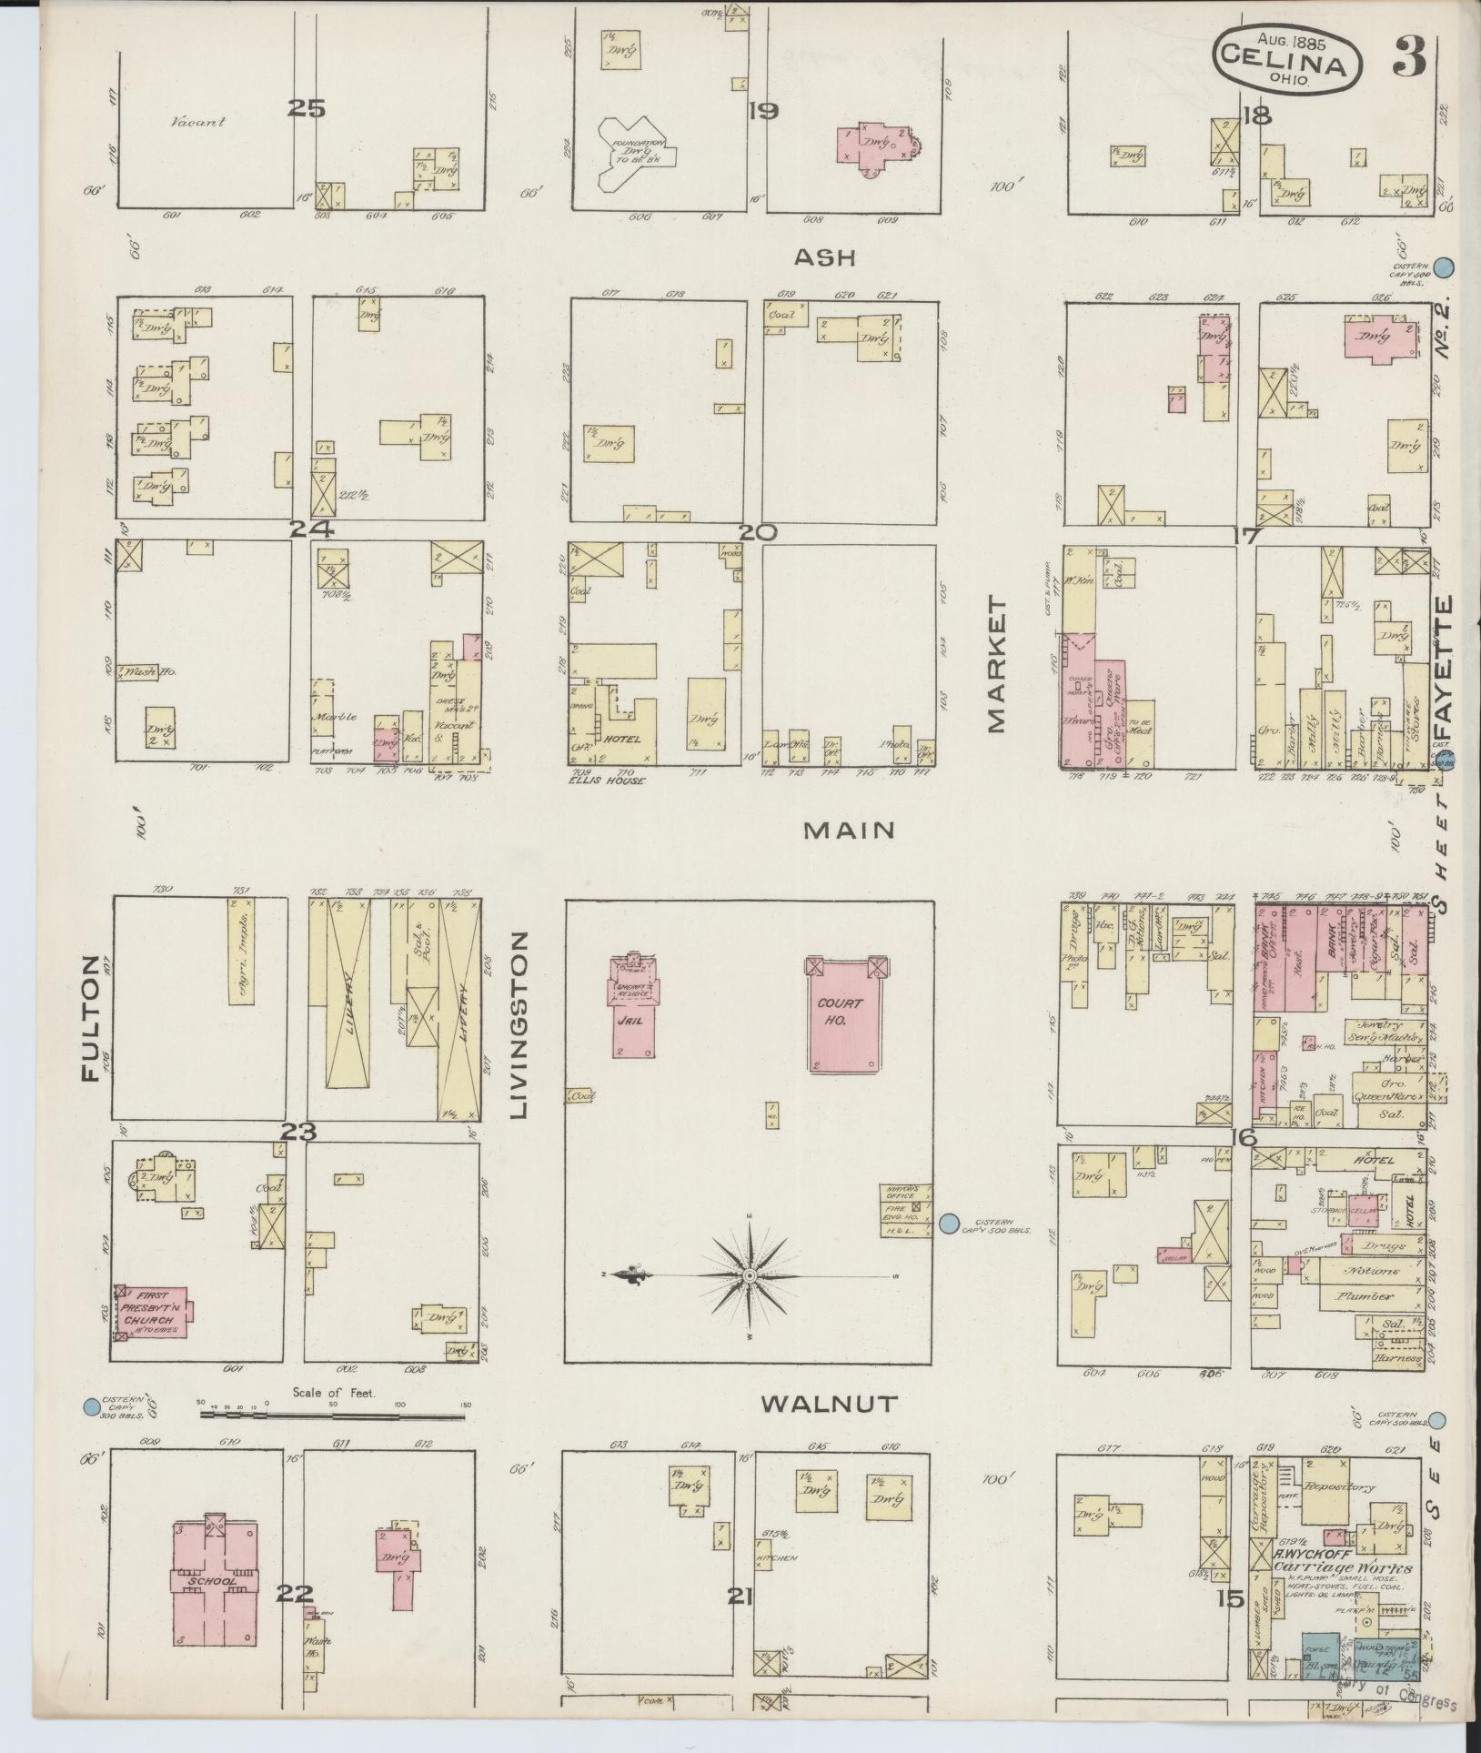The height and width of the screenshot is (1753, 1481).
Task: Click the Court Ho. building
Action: click(844, 1012)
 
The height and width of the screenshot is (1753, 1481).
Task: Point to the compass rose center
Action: click(749, 1276)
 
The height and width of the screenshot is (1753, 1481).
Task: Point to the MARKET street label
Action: click(997, 665)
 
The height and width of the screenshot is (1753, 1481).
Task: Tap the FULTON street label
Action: click(90, 1018)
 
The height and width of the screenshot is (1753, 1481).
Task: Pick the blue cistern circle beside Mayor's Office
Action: click(950, 1224)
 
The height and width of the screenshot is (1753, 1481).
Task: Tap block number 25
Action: click(306, 109)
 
